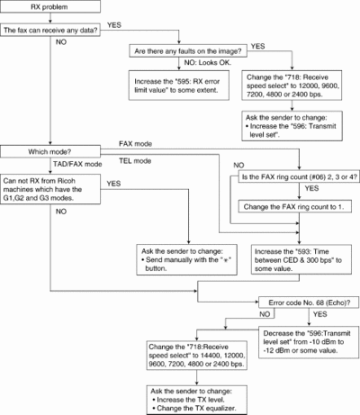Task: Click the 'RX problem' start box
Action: click(x=50, y=6)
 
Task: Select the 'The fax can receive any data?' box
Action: click(x=50, y=31)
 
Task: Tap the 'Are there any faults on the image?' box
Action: click(x=188, y=51)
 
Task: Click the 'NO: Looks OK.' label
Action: click(x=208, y=63)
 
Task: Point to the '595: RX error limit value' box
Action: click(x=179, y=86)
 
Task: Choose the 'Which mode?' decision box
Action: click(x=50, y=151)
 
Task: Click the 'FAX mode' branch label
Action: click(x=135, y=144)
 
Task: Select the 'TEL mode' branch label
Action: click(x=135, y=161)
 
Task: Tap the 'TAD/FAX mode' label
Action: click(x=77, y=164)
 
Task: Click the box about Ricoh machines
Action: click(x=50, y=189)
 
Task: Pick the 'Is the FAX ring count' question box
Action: click(x=299, y=176)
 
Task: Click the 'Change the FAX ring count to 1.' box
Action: click(x=295, y=206)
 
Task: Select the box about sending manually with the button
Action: click(x=186, y=259)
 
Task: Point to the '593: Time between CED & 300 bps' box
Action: click(x=301, y=259)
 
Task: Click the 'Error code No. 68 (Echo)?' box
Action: click(x=309, y=302)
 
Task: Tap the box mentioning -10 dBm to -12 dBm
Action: click(x=309, y=342)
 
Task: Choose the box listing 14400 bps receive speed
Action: click(x=197, y=356)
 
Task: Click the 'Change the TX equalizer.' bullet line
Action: click(x=197, y=408)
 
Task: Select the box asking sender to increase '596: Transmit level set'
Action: click(x=292, y=126)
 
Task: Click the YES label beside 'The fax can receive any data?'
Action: click(x=114, y=25)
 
